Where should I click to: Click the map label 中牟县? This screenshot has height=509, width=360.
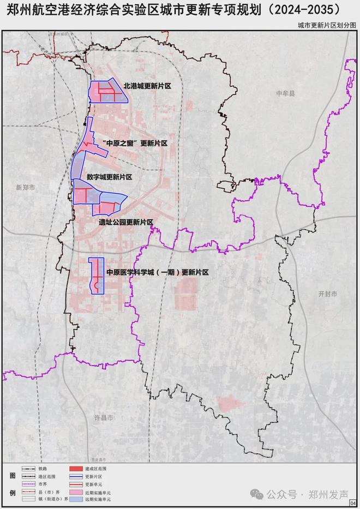click(285, 94)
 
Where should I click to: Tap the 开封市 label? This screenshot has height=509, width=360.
click(328, 294)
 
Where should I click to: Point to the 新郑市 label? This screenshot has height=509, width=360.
click(25, 187)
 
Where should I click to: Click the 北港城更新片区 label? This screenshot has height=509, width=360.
click(147, 86)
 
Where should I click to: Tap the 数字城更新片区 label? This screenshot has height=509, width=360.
click(112, 177)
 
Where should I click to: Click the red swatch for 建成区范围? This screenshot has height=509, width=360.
click(76, 468)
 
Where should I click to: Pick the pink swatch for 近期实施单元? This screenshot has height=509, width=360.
click(76, 491)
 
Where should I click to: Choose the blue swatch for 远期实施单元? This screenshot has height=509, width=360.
click(76, 499)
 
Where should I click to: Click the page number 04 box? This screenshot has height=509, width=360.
click(353, 502)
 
